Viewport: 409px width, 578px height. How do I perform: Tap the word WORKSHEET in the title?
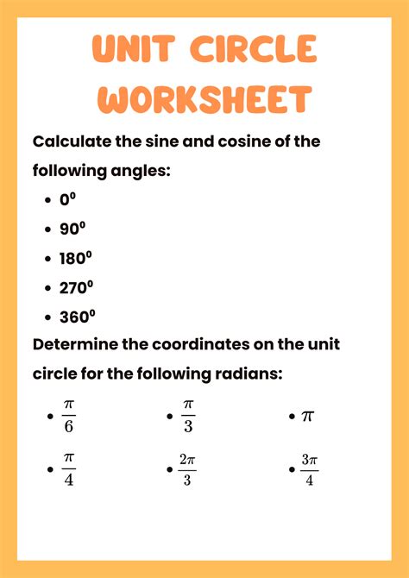(204, 99)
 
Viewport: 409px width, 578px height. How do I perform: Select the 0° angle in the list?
(68, 200)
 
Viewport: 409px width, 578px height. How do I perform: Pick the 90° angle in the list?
(72, 229)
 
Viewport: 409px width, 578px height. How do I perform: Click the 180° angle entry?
(76, 258)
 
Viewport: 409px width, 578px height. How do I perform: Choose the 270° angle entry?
(76, 287)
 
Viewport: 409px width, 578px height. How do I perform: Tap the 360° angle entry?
(77, 316)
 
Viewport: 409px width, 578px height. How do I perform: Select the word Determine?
(76, 345)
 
